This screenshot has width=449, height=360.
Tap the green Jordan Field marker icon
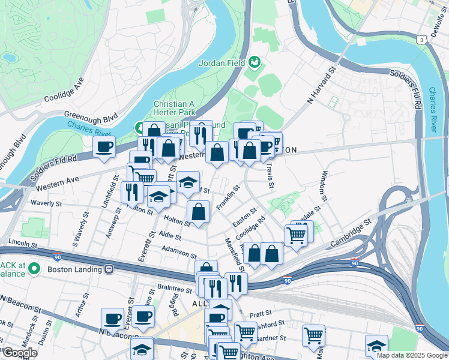255,61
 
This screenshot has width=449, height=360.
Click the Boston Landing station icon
109,269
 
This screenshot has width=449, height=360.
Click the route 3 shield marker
423,39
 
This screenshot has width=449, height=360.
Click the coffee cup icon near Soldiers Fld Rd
104,146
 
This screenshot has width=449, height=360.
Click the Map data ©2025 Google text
412,355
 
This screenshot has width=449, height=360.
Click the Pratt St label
261,313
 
